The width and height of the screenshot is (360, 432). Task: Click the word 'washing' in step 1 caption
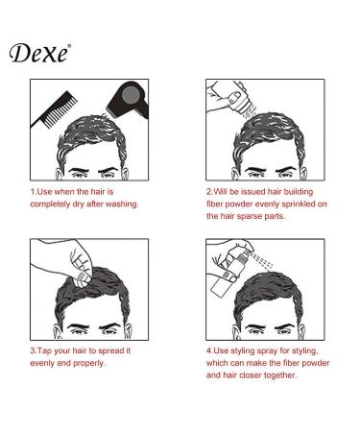point(118,204)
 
